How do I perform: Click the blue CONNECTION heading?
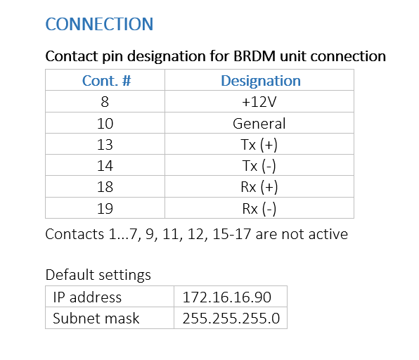[99, 24]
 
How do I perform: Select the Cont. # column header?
[106, 80]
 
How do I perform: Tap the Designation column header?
[261, 80]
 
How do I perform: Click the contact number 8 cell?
[105, 102]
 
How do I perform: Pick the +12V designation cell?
[259, 102]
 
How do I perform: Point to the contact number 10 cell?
[105, 124]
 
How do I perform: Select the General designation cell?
[259, 124]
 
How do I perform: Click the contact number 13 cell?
[105, 145]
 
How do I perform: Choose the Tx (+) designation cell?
[259, 145]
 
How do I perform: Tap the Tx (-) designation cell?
[259, 166]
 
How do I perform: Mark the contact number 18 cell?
[105, 187]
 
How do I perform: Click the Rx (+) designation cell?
[259, 187]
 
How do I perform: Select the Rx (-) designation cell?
[259, 209]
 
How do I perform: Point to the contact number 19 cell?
[105, 208]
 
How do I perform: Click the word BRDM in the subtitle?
[254, 56]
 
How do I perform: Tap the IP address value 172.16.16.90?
[227, 297]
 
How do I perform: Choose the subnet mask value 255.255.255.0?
[231, 319]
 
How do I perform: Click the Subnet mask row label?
[96, 319]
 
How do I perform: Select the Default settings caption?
[98, 275]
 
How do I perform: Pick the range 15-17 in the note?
[232, 234]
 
